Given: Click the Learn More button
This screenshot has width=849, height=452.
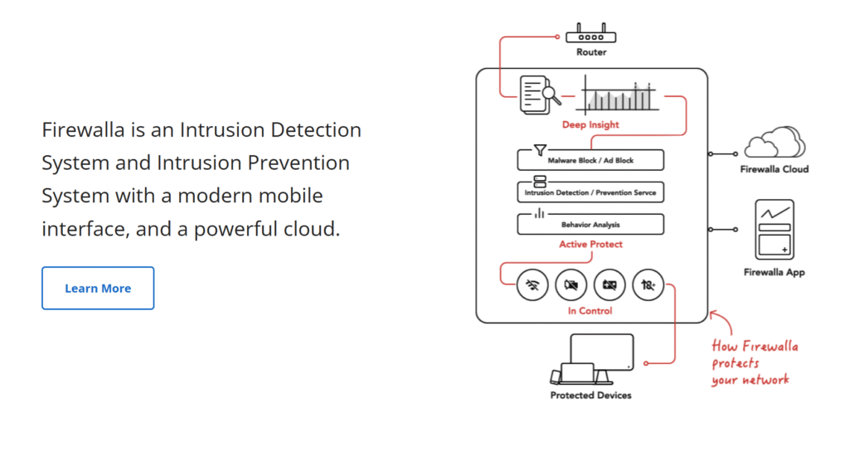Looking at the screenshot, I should pyautogui.click(x=98, y=288).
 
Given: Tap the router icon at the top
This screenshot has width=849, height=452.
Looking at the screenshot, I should pyautogui.click(x=591, y=34).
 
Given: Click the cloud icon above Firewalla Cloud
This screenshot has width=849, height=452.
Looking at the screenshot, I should pyautogui.click(x=774, y=143).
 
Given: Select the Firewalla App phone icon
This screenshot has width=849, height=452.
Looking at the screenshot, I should pyautogui.click(x=773, y=229).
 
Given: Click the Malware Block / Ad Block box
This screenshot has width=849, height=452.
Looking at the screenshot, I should pyautogui.click(x=590, y=159).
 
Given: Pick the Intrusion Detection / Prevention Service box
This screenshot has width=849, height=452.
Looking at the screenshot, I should pyautogui.click(x=590, y=192).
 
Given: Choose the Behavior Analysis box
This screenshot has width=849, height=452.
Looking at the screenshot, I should pyautogui.click(x=590, y=224).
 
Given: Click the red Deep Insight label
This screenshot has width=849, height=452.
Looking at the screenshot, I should pyautogui.click(x=590, y=125).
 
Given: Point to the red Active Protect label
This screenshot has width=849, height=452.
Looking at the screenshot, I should pyautogui.click(x=590, y=245).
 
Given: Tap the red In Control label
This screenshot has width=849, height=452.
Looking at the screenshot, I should pyautogui.click(x=590, y=311).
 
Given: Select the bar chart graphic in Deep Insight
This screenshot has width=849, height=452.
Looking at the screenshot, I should pyautogui.click(x=618, y=95).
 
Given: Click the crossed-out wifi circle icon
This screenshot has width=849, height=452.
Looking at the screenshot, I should pyautogui.click(x=532, y=285).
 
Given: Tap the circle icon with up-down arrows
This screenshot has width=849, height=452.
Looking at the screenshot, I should pyautogui.click(x=648, y=285).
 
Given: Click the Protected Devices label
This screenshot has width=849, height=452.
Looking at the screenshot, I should pyautogui.click(x=590, y=396).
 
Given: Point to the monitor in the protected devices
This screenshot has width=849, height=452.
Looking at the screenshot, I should pyautogui.click(x=602, y=352).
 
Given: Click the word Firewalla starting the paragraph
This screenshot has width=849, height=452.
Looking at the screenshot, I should pyautogui.click(x=83, y=130).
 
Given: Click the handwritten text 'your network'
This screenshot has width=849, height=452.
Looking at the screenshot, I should pyautogui.click(x=750, y=380).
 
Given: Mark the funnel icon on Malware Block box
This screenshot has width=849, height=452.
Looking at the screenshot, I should pyautogui.click(x=540, y=149).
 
